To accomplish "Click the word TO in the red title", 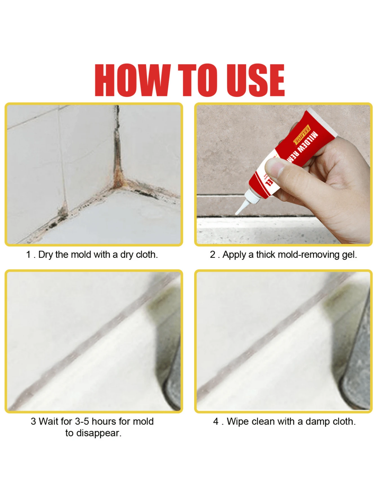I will coord(198,80).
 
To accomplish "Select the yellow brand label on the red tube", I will coord(302,135).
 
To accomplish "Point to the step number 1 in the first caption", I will coord(28,255).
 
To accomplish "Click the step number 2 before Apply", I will coord(212,255).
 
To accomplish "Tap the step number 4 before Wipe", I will coord(216,422).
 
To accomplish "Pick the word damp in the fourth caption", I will coord(318,422).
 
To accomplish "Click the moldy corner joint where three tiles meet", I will coord(117,184).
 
